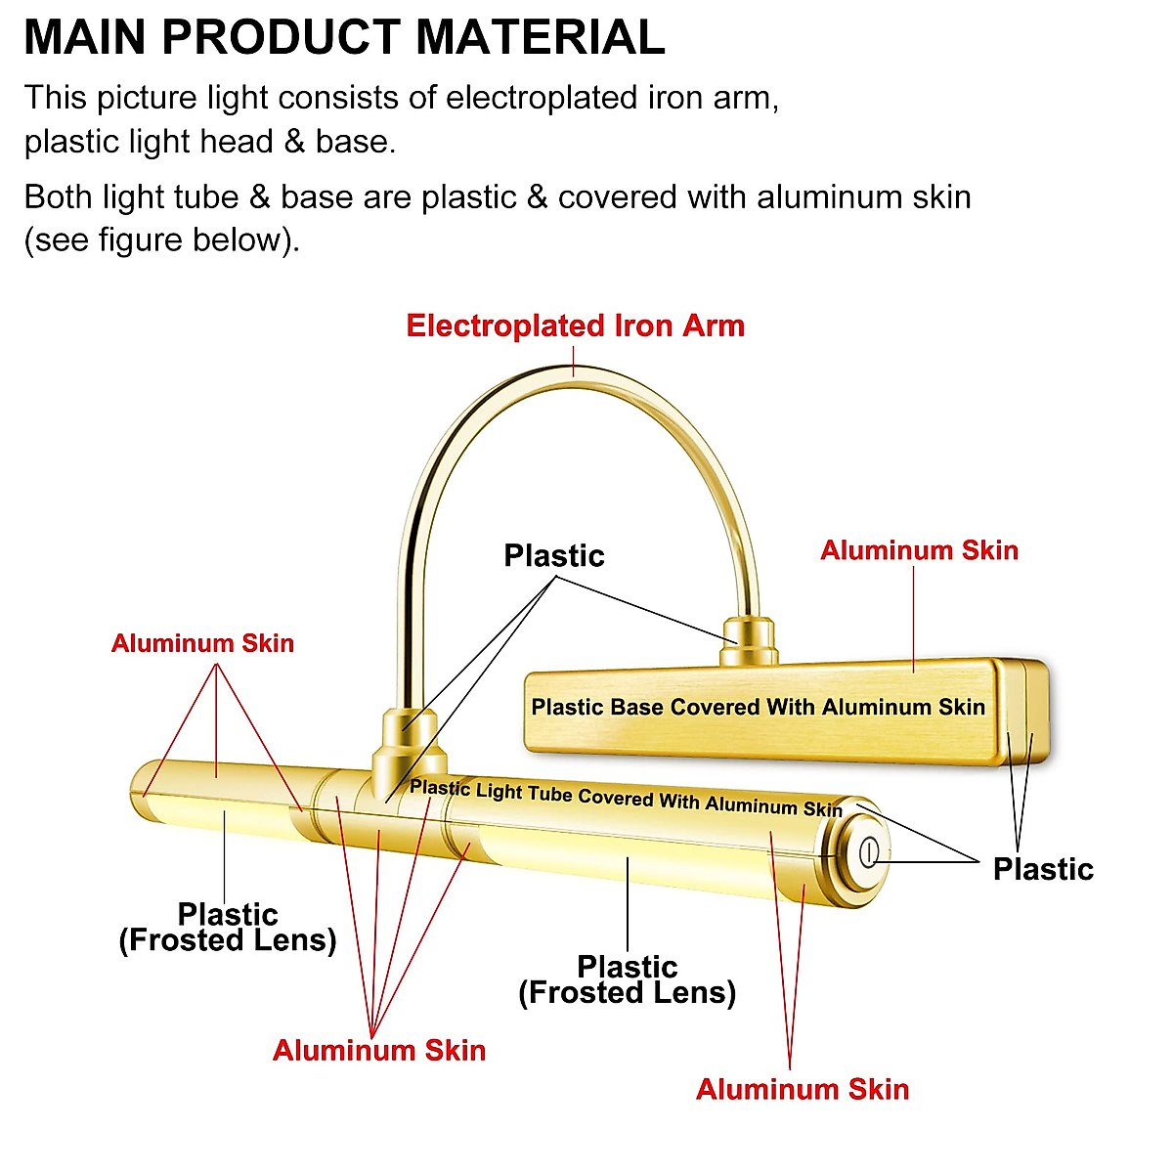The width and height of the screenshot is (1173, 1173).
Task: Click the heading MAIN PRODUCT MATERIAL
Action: click(344, 37)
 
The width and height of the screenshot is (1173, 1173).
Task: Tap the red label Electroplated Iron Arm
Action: click(575, 326)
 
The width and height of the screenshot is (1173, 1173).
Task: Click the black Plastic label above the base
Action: click(554, 555)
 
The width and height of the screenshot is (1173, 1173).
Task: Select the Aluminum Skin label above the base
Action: click(919, 550)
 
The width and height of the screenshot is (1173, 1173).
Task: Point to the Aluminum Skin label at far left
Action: click(202, 643)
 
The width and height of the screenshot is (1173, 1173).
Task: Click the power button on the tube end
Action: click(867, 853)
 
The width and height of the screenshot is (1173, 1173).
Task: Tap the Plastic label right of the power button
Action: click(1043, 869)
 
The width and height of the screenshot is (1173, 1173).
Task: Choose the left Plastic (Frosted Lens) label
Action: click(228, 927)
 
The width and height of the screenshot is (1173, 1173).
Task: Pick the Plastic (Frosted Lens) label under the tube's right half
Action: click(627, 979)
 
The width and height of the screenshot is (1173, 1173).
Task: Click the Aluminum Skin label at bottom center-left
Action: click(379, 1051)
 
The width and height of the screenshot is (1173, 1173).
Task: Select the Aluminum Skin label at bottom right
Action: click(803, 1089)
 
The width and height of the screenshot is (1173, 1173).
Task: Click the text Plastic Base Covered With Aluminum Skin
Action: click(758, 707)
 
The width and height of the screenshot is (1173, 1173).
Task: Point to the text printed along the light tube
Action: click(626, 798)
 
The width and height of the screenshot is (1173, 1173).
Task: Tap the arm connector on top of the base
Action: click(749, 640)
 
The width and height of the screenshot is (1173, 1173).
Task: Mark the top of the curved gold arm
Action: click(575, 371)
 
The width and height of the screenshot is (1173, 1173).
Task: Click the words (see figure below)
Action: click(161, 239)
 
